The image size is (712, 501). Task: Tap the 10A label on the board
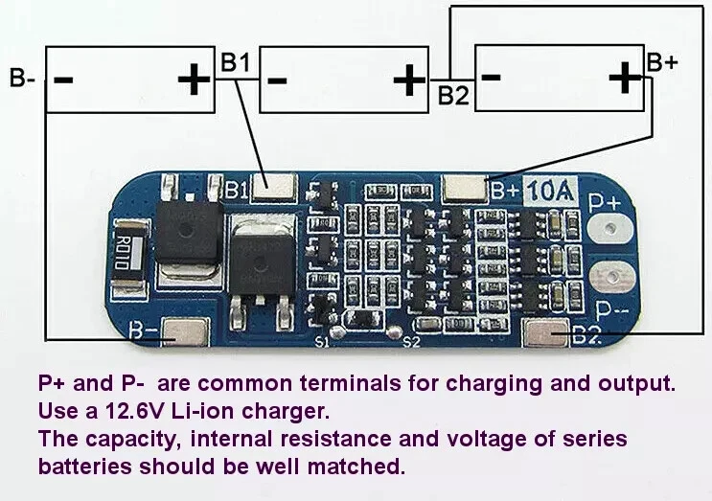550,191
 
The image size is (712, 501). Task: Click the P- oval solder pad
611,277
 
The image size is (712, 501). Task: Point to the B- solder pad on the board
185,331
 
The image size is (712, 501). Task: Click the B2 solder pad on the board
546,332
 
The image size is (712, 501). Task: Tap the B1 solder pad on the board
274,188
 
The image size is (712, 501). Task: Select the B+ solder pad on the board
466,188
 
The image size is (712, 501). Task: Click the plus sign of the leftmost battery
194,80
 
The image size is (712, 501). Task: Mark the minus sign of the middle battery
277,81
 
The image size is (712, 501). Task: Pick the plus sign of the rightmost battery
625,78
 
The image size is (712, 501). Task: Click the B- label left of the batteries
22,78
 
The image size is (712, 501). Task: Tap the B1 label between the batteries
235,62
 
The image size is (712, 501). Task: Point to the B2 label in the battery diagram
453,95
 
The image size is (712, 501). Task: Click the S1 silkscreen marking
322,342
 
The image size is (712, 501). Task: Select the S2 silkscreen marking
411,342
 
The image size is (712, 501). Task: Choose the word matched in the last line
356,467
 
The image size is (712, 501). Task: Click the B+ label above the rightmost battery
662,62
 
